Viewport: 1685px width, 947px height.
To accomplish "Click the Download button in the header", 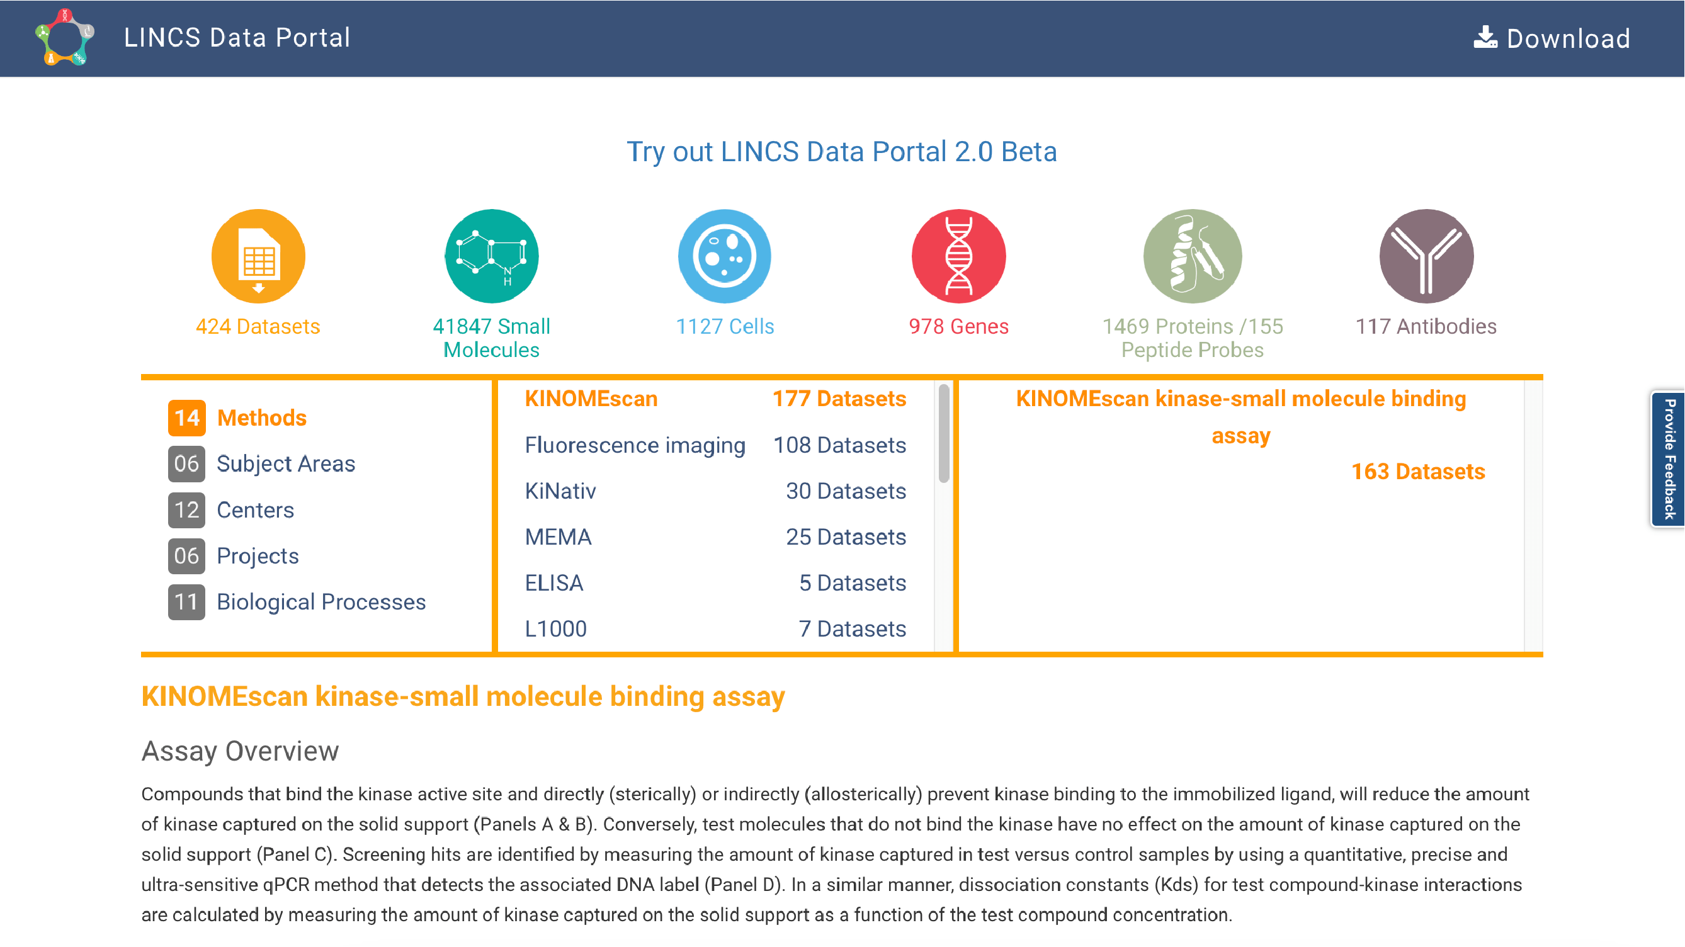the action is click(1552, 38).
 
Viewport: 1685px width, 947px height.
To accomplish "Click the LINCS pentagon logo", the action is click(65, 37).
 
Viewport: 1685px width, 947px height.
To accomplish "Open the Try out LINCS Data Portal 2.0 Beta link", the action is click(842, 152).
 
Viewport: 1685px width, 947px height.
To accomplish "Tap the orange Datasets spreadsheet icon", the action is click(258, 256).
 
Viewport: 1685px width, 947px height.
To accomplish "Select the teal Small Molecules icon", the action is click(492, 256).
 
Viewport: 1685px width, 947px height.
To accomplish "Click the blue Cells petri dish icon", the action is click(725, 256).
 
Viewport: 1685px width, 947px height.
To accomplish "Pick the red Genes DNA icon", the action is click(959, 256).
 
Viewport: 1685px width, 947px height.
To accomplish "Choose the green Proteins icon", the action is click(1193, 256).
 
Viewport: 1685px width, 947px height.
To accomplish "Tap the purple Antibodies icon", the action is click(1427, 256).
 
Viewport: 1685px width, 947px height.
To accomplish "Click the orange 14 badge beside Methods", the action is click(186, 418).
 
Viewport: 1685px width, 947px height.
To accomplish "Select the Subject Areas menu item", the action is click(286, 463).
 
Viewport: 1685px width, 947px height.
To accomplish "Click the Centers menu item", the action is click(255, 510).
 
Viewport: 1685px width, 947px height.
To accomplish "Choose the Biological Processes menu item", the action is click(321, 602).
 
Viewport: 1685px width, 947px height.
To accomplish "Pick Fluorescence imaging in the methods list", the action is click(635, 445).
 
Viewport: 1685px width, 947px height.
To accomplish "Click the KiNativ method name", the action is click(560, 491).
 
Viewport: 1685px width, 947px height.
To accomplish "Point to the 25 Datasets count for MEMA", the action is click(846, 537).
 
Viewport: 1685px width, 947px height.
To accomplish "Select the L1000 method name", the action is click(556, 628).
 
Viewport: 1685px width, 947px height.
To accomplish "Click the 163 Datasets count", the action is click(1418, 472).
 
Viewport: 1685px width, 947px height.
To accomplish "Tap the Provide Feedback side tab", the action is click(1669, 459).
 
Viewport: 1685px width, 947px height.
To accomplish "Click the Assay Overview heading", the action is click(240, 751).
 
